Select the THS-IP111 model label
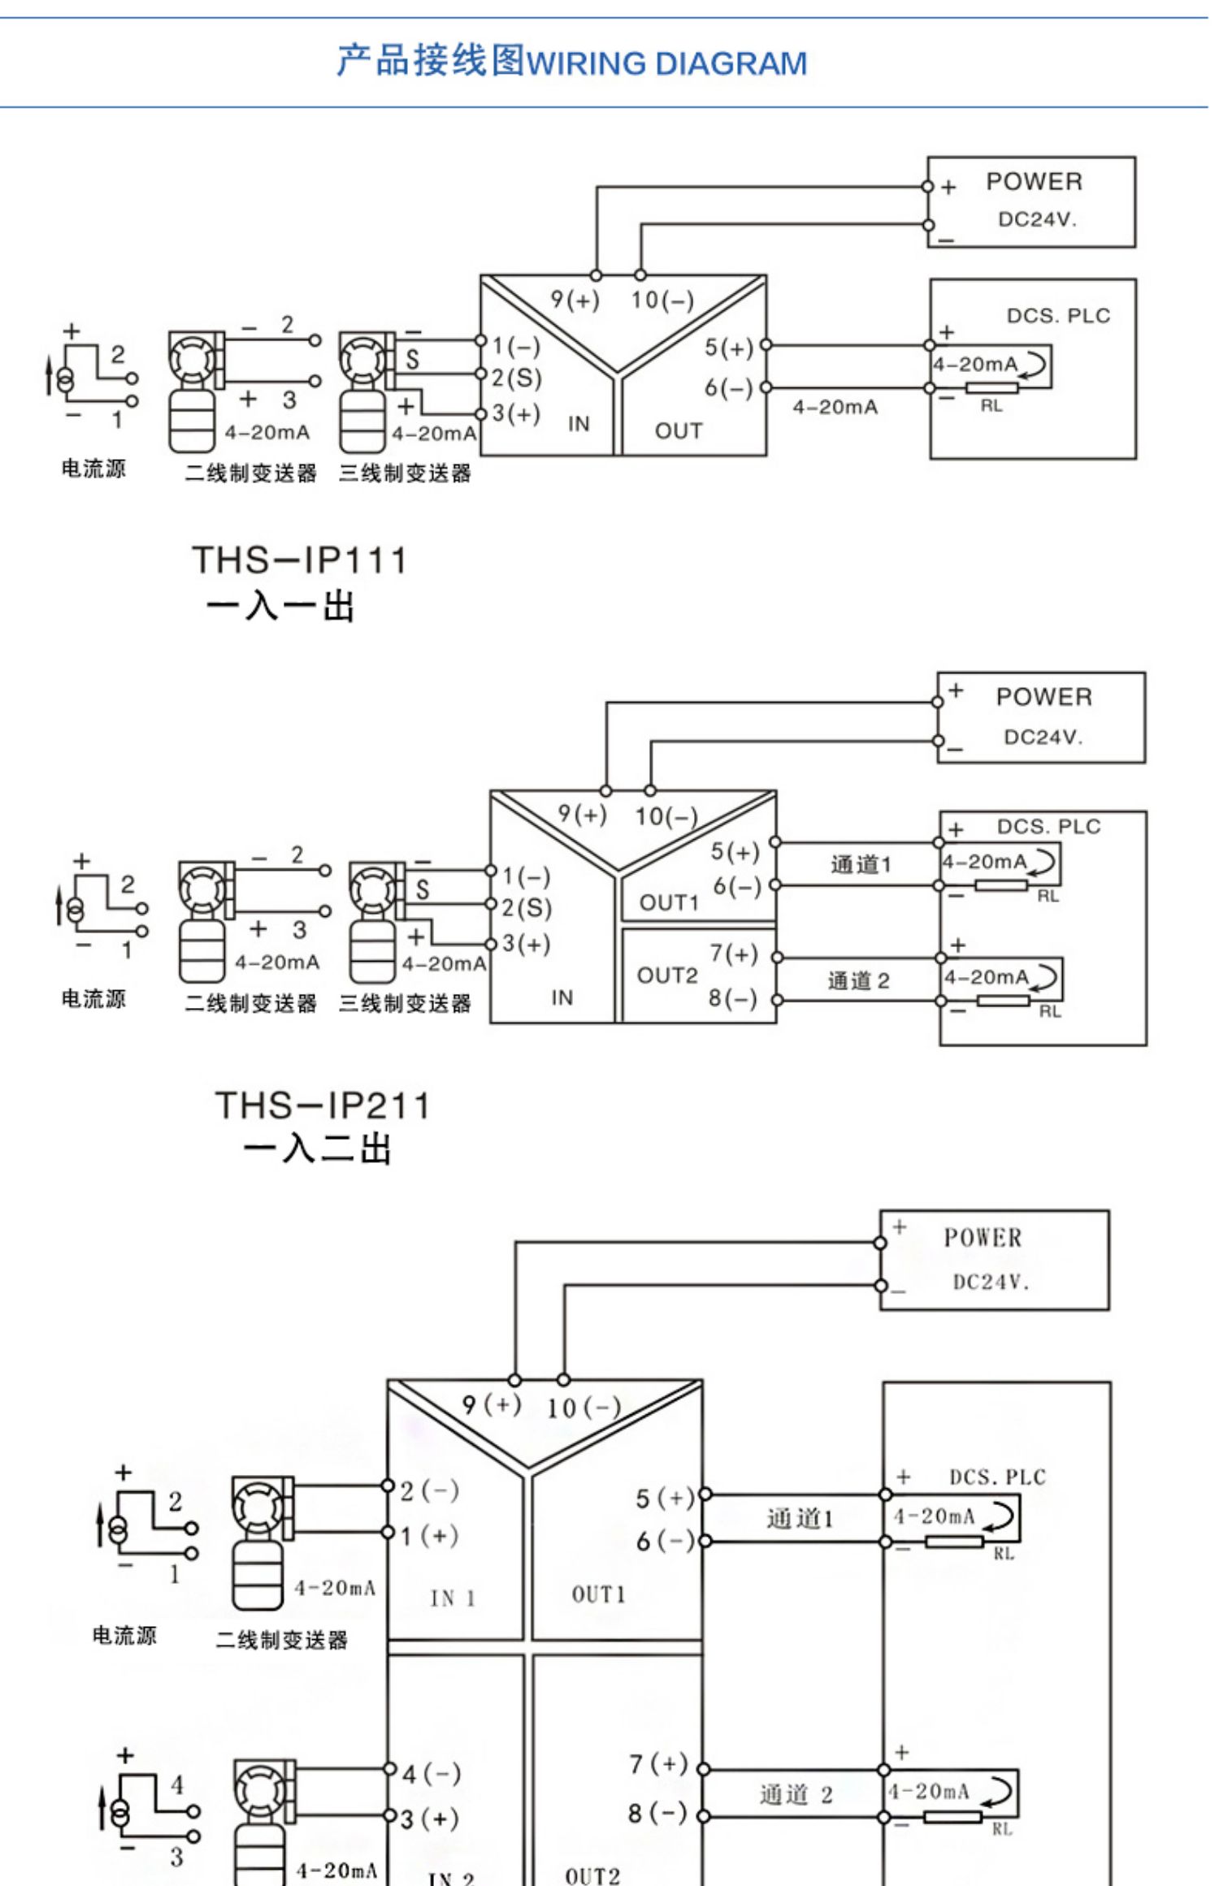pyautogui.click(x=299, y=560)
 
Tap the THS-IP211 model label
pyautogui.click(x=322, y=1105)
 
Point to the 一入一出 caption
pyautogui.click(x=280, y=607)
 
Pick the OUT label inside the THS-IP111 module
pyautogui.click(x=679, y=431)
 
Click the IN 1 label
pyautogui.click(x=453, y=1598)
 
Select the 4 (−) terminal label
pyautogui.click(x=431, y=1774)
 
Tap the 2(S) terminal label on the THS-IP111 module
pyautogui.click(x=516, y=378)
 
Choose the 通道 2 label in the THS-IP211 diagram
pyautogui.click(x=858, y=981)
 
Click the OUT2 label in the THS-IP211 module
pyautogui.click(x=667, y=975)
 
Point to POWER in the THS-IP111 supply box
pyautogui.click(x=1034, y=182)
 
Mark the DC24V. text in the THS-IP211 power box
pyautogui.click(x=1043, y=737)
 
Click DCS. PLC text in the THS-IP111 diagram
pyautogui.click(x=1058, y=316)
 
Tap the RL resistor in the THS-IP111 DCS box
pyautogui.click(x=991, y=389)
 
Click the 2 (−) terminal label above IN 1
pyautogui.click(x=429, y=1490)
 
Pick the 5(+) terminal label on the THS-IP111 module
pyautogui.click(x=729, y=348)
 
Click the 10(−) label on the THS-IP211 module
pyautogui.click(x=666, y=816)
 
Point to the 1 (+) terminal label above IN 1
pyautogui.click(x=429, y=1536)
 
